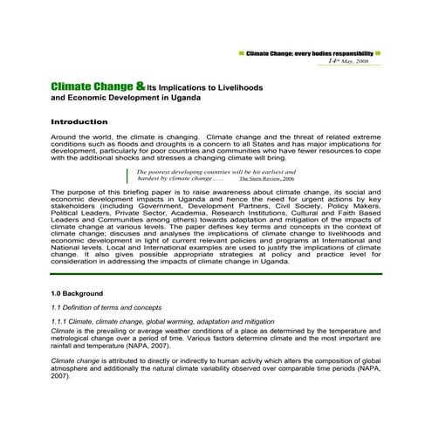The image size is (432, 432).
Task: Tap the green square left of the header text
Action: click(241, 53)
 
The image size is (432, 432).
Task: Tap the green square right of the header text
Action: click(378, 53)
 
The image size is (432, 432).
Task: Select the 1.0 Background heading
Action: click(78, 293)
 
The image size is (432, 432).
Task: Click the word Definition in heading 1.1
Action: click(83, 308)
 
